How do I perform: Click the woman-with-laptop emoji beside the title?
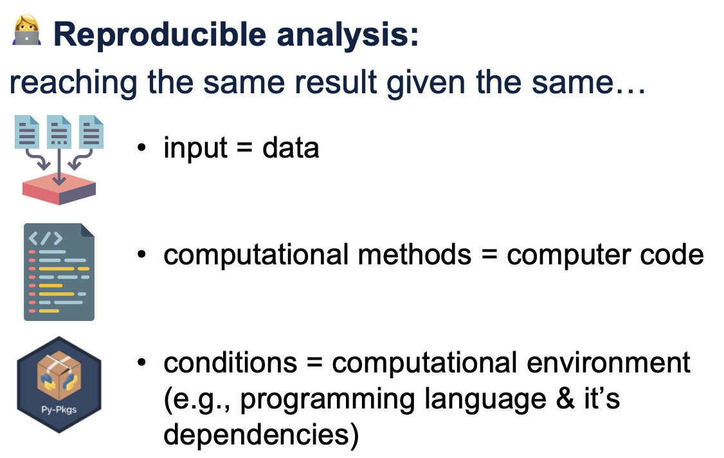coord(27,30)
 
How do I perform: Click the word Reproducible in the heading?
coord(159,35)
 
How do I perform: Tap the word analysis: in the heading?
coord(348,35)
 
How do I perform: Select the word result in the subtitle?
coord(336,82)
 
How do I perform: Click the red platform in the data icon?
coord(59,188)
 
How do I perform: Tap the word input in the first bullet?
coord(195,148)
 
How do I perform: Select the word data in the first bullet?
coord(291,148)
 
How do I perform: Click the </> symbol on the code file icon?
coord(45,239)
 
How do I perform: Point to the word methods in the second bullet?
coord(414,255)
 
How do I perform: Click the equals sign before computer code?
coord(489,255)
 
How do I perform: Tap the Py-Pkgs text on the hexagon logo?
coord(59,410)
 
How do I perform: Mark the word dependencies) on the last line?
coord(261,434)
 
